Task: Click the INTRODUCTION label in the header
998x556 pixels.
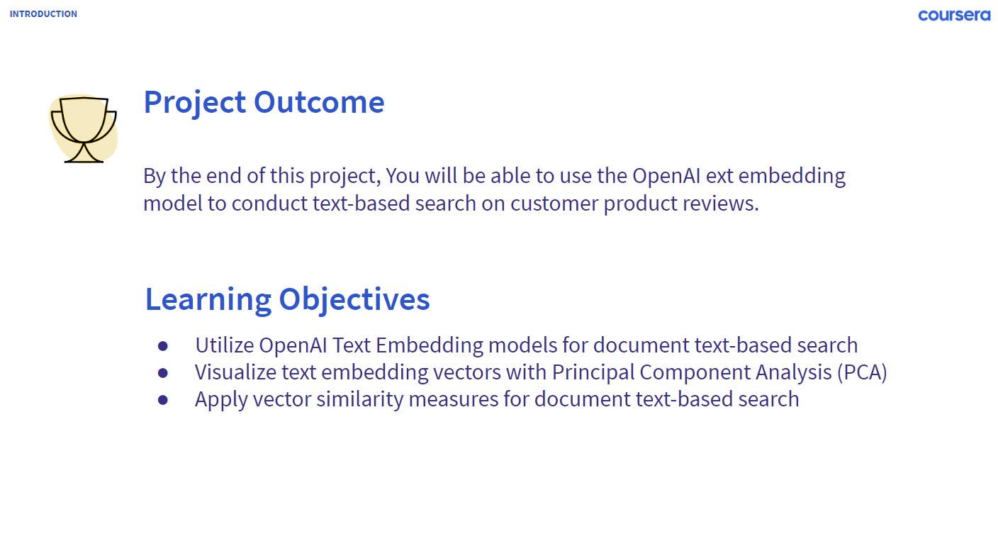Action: coord(43,13)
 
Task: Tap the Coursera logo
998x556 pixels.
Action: coord(954,15)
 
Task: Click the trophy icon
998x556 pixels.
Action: coord(84,129)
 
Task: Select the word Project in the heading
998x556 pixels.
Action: coord(195,104)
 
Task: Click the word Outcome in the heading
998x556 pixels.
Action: coord(319,103)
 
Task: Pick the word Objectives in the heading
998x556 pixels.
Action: coord(354,299)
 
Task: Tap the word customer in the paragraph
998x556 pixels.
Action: coord(554,204)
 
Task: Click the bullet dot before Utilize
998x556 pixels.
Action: coord(163,346)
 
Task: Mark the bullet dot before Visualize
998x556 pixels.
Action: coord(163,373)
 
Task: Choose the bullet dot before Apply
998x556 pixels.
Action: coord(163,400)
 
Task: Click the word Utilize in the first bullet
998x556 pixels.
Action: coord(225,345)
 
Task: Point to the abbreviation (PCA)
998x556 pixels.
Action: coord(862,372)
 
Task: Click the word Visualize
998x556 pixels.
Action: coord(236,372)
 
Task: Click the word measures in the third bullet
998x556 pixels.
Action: coord(454,399)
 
